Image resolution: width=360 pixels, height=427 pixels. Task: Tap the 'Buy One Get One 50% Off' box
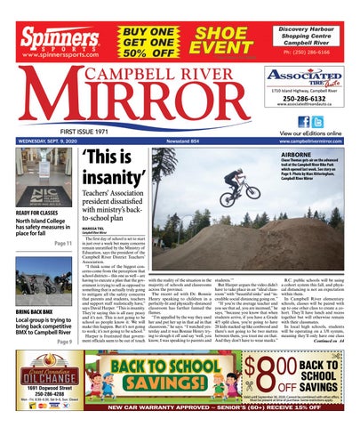146,28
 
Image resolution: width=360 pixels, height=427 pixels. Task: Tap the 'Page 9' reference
65,342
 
